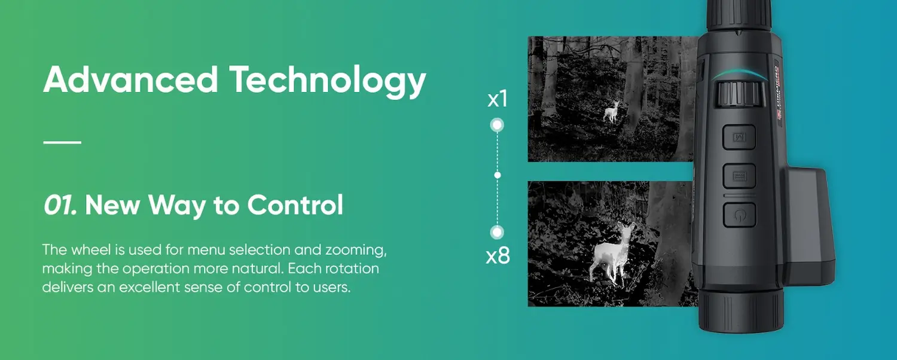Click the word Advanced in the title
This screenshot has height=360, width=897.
pos(130,80)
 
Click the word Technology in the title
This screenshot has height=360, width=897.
pos(328,82)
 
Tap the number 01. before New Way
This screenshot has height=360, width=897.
pos(60,205)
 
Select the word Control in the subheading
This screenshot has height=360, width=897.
pos(295,205)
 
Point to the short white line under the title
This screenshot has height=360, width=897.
pos(62,142)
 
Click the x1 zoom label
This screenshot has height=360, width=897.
pos(498,99)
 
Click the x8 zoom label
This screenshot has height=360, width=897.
pos(498,255)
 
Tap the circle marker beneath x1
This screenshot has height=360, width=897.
pos(498,126)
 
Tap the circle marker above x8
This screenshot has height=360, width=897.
pos(498,232)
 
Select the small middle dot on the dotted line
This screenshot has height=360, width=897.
pos(498,175)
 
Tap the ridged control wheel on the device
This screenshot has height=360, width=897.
pos(739,94)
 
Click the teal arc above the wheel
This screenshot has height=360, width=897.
pos(739,72)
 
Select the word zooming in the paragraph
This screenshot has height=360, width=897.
pos(356,251)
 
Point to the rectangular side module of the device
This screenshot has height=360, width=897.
pos(809,226)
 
